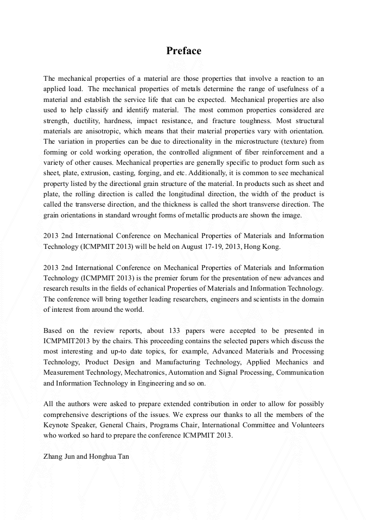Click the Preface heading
[x=183, y=51]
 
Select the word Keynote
[x=56, y=425]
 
